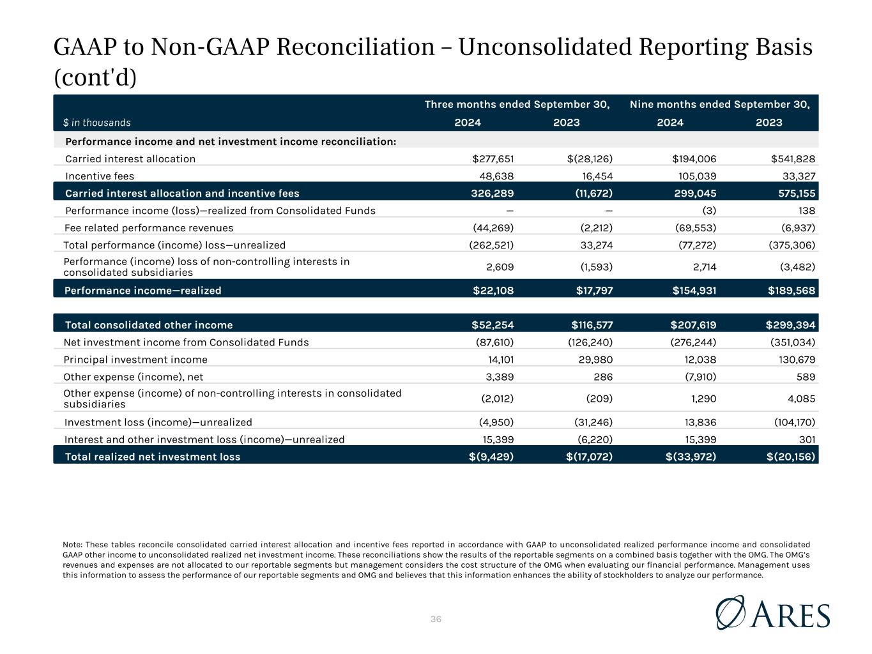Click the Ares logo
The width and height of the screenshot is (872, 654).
coord(772,612)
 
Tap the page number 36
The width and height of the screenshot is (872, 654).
coord(436,619)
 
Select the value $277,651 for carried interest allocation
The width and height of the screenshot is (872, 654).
coord(493,159)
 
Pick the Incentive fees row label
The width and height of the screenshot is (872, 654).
coord(99,176)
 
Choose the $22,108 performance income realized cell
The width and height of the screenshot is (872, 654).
coord(493,291)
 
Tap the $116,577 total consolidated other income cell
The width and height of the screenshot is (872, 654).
coord(592,325)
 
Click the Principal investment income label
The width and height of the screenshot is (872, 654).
coord(135,360)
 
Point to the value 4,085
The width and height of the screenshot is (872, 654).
coord(801,399)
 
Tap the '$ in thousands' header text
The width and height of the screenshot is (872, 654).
coord(97,123)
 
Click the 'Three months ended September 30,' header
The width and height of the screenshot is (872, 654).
coord(517,105)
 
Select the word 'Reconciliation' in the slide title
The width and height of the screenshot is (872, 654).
coord(356,47)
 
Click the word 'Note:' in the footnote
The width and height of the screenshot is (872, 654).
coord(72,545)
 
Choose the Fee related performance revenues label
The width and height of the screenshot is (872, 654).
coord(149,228)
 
